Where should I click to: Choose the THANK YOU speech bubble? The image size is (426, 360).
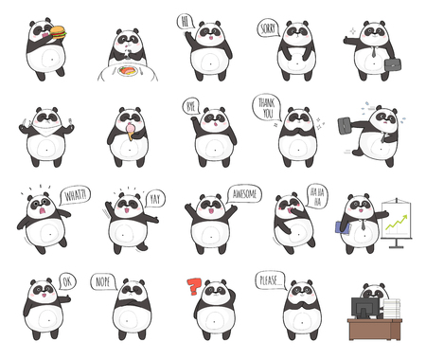pos(266,107)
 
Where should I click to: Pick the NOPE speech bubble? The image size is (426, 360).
pos(102,282)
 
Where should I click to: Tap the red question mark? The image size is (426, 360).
pos(195,287)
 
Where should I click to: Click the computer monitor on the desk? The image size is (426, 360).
pos(364,308)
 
